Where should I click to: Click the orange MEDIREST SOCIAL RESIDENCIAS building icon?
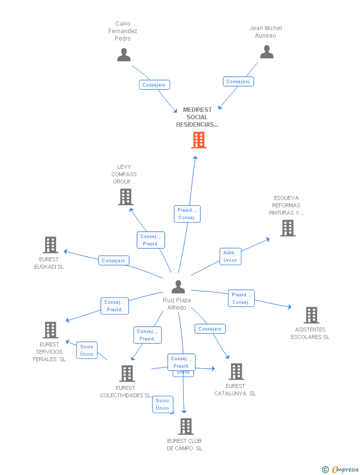[x=199, y=140]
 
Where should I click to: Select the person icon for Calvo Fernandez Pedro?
[x=124, y=54]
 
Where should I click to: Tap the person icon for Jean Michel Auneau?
[x=267, y=52]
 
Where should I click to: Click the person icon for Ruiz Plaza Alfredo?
[x=178, y=286]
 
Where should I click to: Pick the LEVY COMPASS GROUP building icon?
[x=126, y=197]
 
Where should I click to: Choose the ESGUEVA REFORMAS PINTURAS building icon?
[x=287, y=228]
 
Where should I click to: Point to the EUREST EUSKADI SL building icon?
[x=50, y=245]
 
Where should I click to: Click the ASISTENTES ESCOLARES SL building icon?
[x=311, y=315]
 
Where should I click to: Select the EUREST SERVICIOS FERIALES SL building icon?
[x=50, y=330]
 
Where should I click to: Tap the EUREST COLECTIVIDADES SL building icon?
[x=127, y=374]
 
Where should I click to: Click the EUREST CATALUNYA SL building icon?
[x=236, y=372]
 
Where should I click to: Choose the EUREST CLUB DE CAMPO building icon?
[x=185, y=427]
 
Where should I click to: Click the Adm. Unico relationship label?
[x=230, y=256]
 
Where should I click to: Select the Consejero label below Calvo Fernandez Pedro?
[x=154, y=85]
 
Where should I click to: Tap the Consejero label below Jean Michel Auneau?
[x=238, y=82]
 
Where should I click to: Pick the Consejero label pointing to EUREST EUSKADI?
[x=114, y=260]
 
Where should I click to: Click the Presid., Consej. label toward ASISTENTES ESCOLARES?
[x=241, y=298]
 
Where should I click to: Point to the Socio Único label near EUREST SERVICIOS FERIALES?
[x=87, y=350]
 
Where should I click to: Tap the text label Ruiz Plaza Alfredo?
[x=177, y=304]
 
